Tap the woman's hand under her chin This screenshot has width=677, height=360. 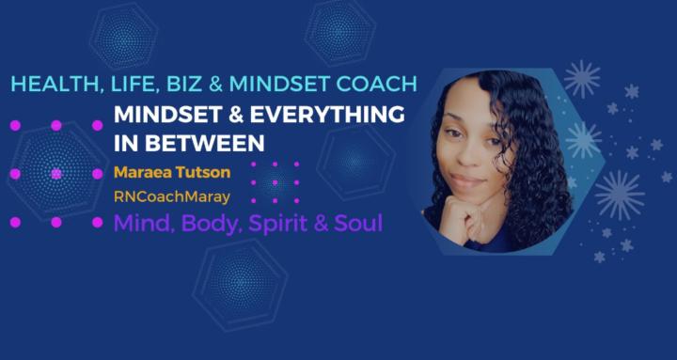pyautogui.click(x=466, y=215)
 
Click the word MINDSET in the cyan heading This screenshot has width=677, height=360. pyautogui.click(x=280, y=84)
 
